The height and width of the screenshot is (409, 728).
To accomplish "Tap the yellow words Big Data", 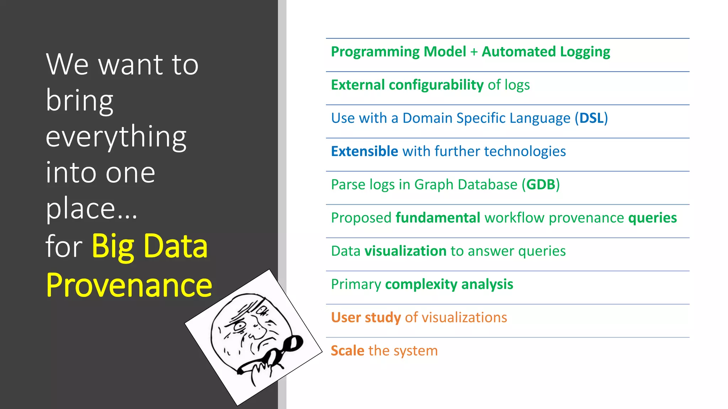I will pyautogui.click(x=150, y=246).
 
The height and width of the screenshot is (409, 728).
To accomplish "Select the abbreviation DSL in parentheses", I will pyautogui.click(x=591, y=118).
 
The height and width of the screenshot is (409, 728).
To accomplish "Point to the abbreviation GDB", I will pyautogui.click(x=541, y=185).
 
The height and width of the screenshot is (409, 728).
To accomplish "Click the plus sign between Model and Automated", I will pyautogui.click(x=473, y=52).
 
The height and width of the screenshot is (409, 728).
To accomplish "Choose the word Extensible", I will pyautogui.click(x=364, y=152).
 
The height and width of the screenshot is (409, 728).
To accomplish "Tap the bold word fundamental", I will pyautogui.click(x=438, y=218).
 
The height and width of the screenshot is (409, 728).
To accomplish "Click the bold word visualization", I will pyautogui.click(x=405, y=251).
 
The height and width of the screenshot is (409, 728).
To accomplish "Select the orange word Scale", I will pyautogui.click(x=347, y=351).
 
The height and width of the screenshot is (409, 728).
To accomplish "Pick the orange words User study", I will pyautogui.click(x=365, y=317).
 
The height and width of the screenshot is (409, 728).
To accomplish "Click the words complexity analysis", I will pyautogui.click(x=449, y=284).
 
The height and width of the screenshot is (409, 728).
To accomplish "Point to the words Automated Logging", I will pyautogui.click(x=546, y=52).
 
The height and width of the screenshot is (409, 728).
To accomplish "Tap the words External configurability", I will pyautogui.click(x=407, y=85).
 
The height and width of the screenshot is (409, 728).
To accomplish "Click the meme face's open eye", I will pyautogui.click(x=240, y=326).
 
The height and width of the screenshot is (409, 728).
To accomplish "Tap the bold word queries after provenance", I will pyautogui.click(x=652, y=218).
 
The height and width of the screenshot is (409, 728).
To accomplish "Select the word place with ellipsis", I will pyautogui.click(x=91, y=209).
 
